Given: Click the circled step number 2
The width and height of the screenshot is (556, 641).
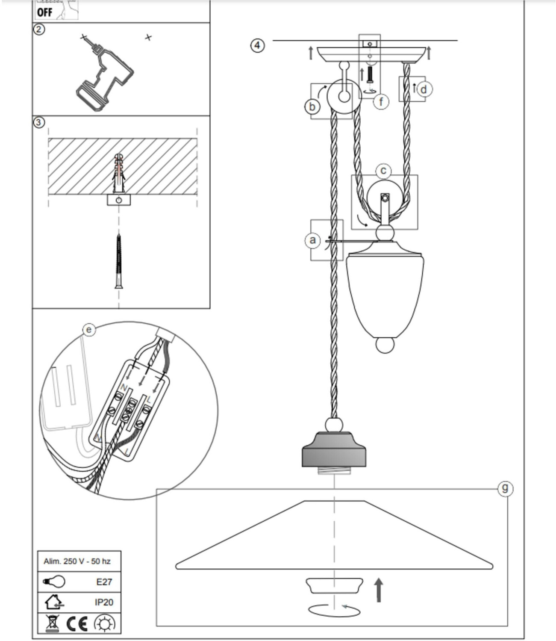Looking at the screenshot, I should tap(39, 30).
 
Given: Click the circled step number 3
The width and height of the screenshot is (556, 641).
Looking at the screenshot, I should tap(39, 123).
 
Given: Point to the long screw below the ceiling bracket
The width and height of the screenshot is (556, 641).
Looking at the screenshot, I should tap(119, 261).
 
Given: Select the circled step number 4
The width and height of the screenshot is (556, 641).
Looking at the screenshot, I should tap(257, 45).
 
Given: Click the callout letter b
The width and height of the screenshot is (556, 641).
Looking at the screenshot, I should tap(312, 106).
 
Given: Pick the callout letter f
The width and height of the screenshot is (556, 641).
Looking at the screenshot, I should tap(381, 102).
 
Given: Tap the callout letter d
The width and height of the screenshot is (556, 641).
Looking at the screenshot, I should tap(424, 89).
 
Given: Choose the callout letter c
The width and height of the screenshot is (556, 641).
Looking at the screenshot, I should tap(383, 171).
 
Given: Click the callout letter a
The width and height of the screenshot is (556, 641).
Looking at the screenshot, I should tap(313, 240).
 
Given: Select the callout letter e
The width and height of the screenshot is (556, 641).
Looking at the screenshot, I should tap(88, 330).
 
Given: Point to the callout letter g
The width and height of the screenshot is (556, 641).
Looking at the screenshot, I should tap(505, 488).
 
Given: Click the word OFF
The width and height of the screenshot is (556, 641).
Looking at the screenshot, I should tap(44, 12).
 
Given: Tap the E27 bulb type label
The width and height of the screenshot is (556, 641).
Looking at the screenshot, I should tap(104, 582).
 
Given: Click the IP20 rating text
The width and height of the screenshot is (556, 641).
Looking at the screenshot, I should tap(104, 602).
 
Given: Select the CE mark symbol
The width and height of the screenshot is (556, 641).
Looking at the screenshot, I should tap(77, 624).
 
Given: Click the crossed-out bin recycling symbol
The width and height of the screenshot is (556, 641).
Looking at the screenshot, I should tap(53, 623).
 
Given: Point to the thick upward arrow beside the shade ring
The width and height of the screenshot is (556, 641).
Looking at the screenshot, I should tap(378, 590).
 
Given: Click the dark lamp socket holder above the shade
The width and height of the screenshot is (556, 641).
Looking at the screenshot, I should tap(334, 451).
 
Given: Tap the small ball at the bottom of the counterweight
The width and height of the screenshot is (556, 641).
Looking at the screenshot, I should tap(384, 345).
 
